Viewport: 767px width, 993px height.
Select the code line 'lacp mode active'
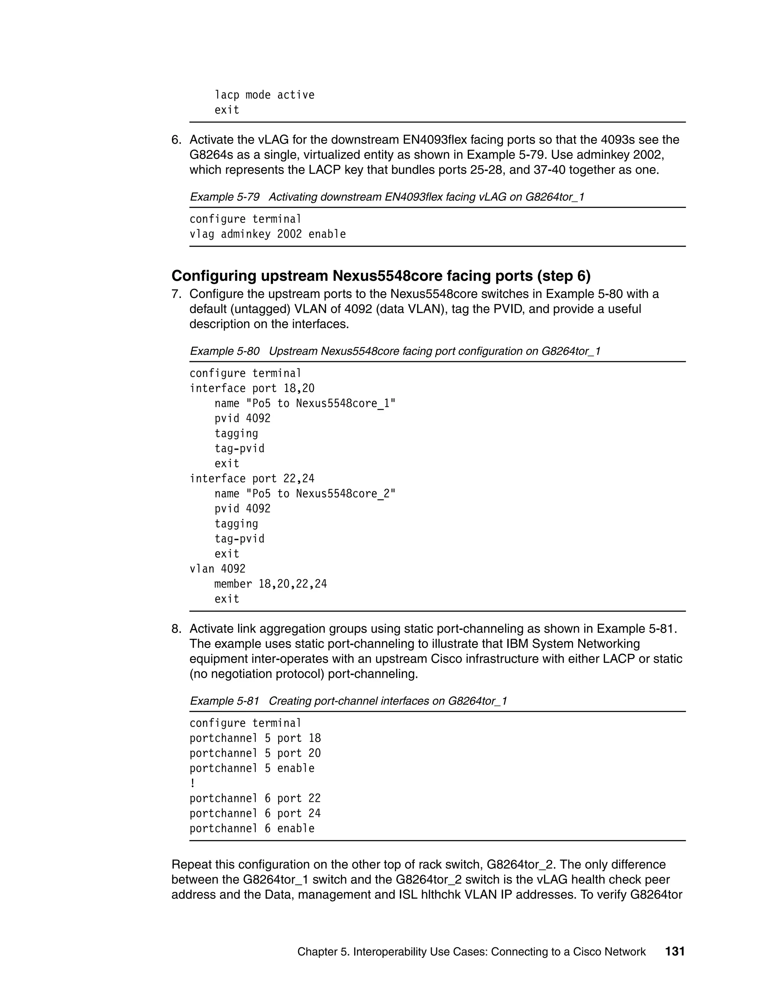(x=264, y=95)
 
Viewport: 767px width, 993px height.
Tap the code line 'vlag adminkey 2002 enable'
(x=268, y=234)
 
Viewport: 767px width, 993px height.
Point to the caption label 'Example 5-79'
(x=224, y=197)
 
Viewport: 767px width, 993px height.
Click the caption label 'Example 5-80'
(x=224, y=351)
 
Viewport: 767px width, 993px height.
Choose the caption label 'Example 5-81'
(x=224, y=701)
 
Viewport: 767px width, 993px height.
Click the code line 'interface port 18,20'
(x=252, y=388)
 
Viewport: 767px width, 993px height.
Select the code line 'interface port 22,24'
(x=252, y=479)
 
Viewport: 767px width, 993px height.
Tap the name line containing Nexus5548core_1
(x=305, y=403)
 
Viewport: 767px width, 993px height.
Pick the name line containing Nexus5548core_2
(x=305, y=494)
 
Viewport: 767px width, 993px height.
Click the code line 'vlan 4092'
(x=217, y=569)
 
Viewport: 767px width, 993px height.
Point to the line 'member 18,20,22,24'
(x=270, y=584)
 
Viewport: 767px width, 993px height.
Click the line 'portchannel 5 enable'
(x=252, y=769)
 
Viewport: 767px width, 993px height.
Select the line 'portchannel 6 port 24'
(x=255, y=814)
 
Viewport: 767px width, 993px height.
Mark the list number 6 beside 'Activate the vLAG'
(x=176, y=140)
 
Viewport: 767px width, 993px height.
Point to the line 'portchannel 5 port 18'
(x=255, y=739)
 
